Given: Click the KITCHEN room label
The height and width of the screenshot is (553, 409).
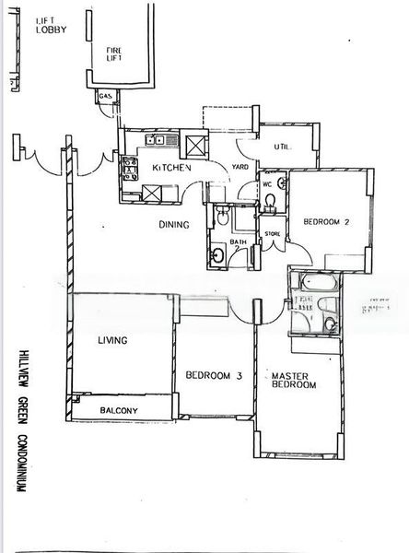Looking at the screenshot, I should pos(171,168).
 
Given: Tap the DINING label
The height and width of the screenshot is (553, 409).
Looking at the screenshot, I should pos(173,224).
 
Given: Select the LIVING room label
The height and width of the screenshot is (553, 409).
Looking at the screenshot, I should pos(111,341).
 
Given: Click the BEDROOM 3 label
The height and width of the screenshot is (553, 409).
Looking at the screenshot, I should pos(213,375).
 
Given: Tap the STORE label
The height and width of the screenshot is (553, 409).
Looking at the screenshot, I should pos(273,234).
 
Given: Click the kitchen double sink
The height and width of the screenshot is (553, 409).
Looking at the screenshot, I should pos(156,141).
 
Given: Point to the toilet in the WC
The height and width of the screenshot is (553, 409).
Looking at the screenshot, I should pos(268,206).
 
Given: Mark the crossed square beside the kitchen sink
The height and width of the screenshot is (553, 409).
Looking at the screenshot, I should pos(196,144).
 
